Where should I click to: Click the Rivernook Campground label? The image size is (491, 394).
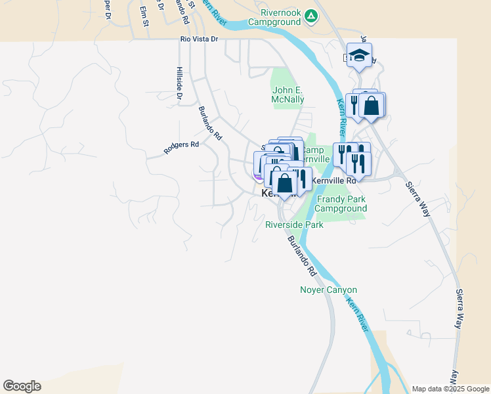[x=274, y=16]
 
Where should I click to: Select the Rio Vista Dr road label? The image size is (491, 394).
[x=199, y=39]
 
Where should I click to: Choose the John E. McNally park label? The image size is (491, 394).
[x=288, y=95]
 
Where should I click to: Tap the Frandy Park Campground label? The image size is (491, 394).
[x=340, y=204]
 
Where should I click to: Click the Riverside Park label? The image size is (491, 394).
[x=294, y=225]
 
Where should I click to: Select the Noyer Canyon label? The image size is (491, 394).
[x=328, y=290]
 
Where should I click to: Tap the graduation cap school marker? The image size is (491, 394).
[x=359, y=55]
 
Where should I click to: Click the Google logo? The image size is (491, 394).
[x=22, y=386]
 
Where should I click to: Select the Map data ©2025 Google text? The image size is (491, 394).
[x=450, y=389]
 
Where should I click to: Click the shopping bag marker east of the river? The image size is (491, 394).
[x=372, y=105]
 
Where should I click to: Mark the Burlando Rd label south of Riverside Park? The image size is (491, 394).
[x=302, y=257]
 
